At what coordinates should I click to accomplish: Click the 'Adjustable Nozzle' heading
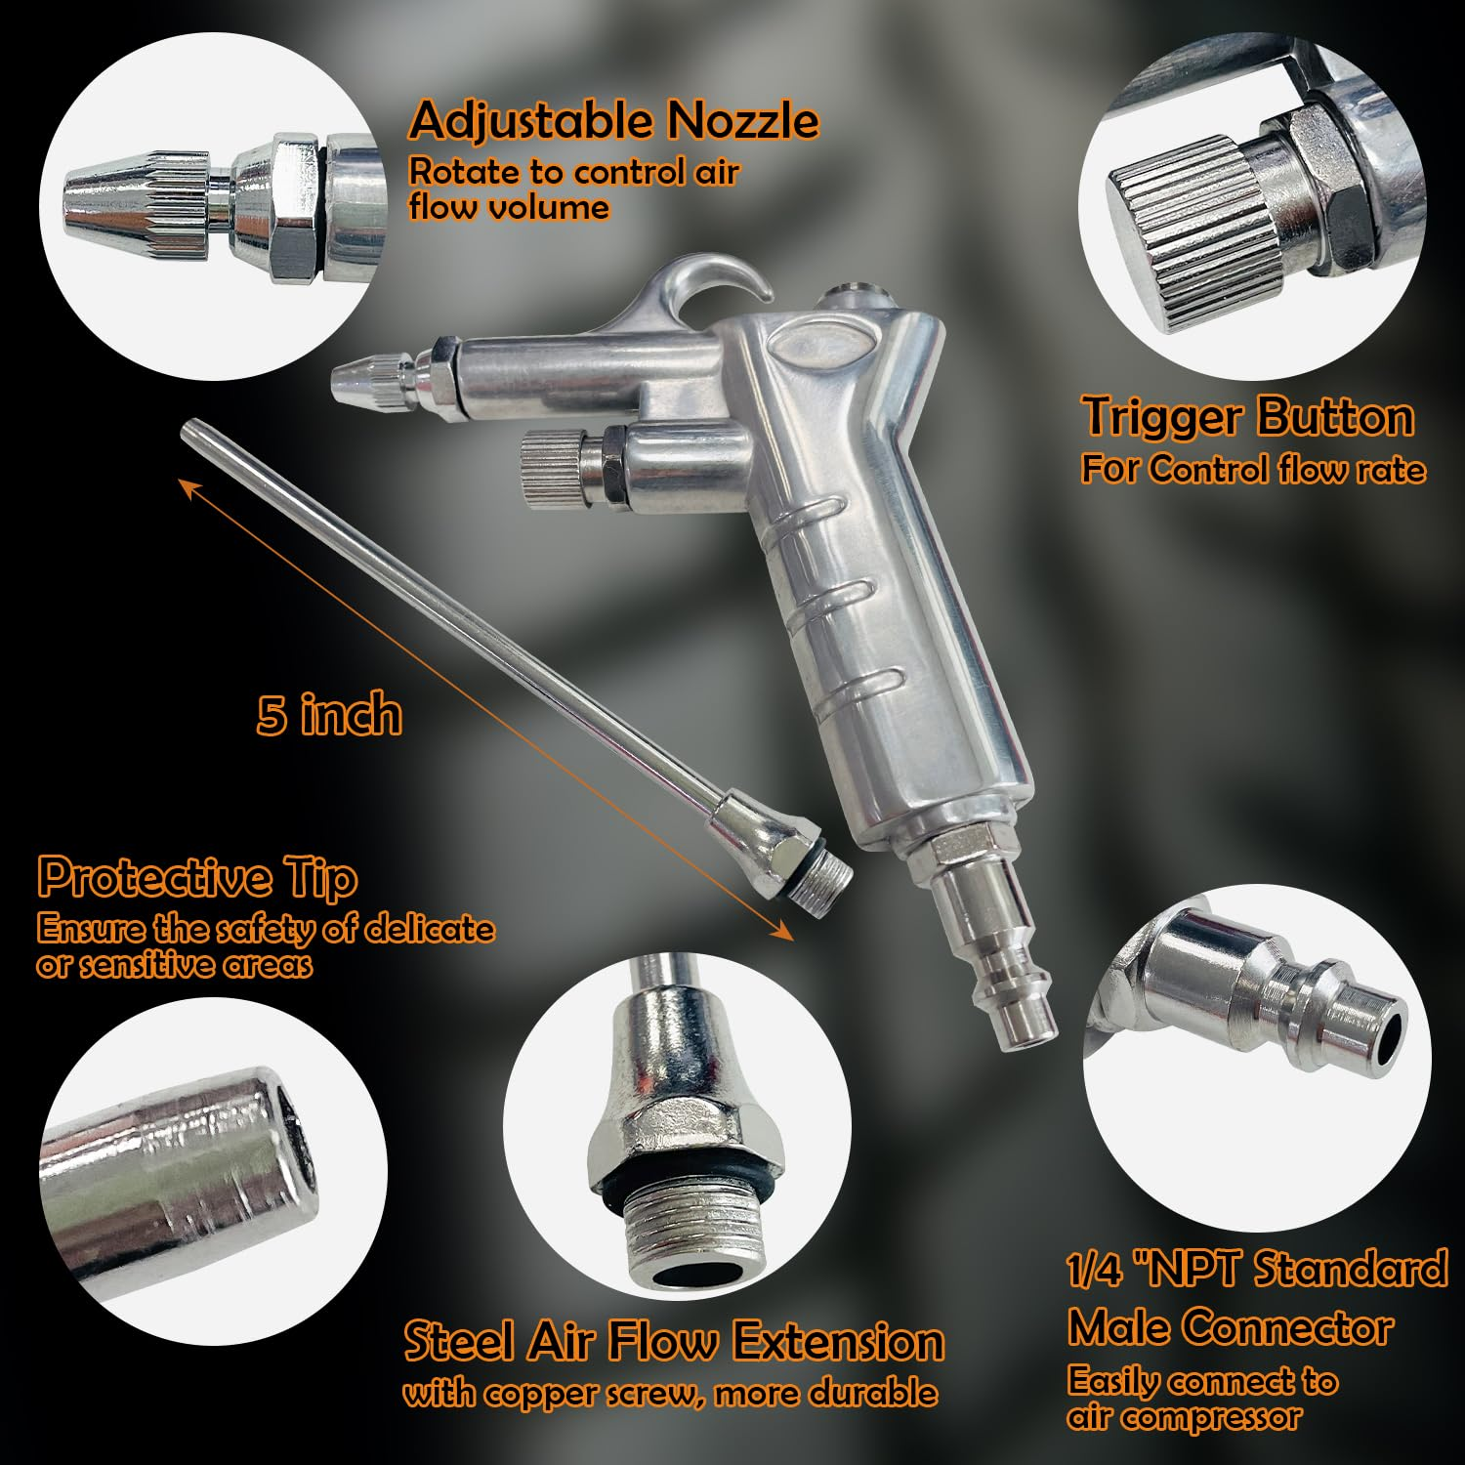coord(613,120)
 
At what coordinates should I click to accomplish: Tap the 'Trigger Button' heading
coord(1248,416)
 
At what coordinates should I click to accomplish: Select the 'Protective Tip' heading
coord(197,877)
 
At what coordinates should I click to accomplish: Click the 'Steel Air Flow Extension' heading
coord(674,1341)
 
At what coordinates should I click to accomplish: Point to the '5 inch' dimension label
coord(329,714)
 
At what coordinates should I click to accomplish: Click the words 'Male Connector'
coord(1230,1327)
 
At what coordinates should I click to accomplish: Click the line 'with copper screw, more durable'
coord(670,1393)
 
